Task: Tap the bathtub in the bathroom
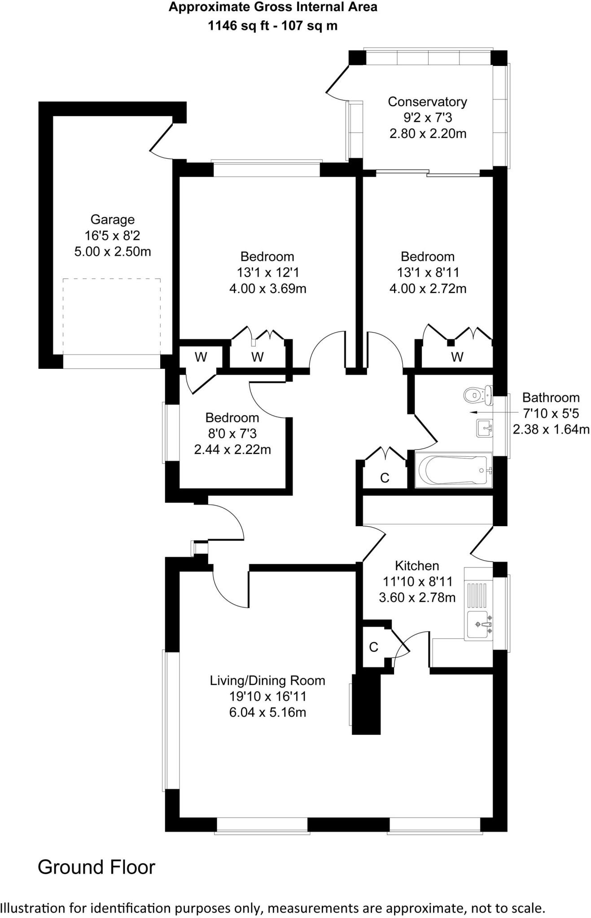click(453, 470)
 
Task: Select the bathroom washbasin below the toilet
click(484, 428)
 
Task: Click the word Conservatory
click(427, 102)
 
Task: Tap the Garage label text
click(112, 220)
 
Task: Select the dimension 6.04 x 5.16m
click(267, 712)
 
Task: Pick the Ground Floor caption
click(96, 867)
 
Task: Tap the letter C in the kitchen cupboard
click(373, 647)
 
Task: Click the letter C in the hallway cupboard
click(385, 478)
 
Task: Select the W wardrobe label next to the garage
click(201, 357)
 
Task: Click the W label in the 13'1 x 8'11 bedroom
click(457, 357)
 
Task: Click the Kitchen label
click(417, 566)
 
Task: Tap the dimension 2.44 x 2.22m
click(232, 450)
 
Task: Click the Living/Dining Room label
click(267, 680)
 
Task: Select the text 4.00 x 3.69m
click(267, 289)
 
